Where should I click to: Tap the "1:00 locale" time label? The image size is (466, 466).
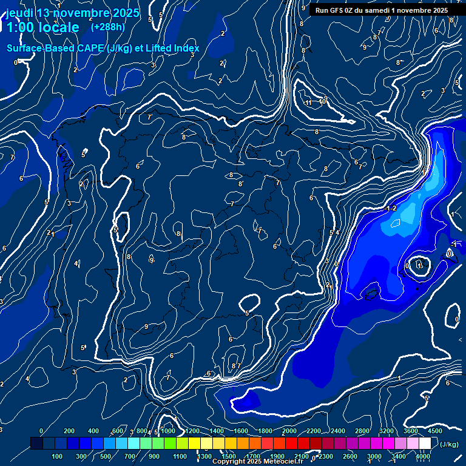click(x=43, y=27)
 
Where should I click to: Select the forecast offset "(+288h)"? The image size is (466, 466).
click(x=107, y=27)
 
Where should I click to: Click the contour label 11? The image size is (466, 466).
click(x=309, y=103)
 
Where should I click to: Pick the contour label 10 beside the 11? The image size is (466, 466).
click(x=323, y=101)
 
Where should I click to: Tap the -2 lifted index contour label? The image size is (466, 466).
click(x=391, y=208)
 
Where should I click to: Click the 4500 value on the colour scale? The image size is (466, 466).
click(x=435, y=431)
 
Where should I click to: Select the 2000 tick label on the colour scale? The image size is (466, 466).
click(x=289, y=431)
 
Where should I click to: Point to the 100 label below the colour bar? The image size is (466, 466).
click(x=58, y=456)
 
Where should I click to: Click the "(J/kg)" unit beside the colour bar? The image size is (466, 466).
click(x=449, y=444)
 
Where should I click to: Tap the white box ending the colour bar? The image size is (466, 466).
click(x=425, y=444)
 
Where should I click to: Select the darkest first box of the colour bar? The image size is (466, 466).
click(x=36, y=444)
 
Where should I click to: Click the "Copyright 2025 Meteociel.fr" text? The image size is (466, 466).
click(x=257, y=462)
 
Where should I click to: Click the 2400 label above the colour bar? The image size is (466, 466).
click(x=338, y=431)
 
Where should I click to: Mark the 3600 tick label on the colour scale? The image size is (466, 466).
click(x=411, y=431)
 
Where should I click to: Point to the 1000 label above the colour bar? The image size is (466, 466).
click(x=168, y=431)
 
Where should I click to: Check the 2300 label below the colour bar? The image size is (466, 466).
click(x=326, y=456)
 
